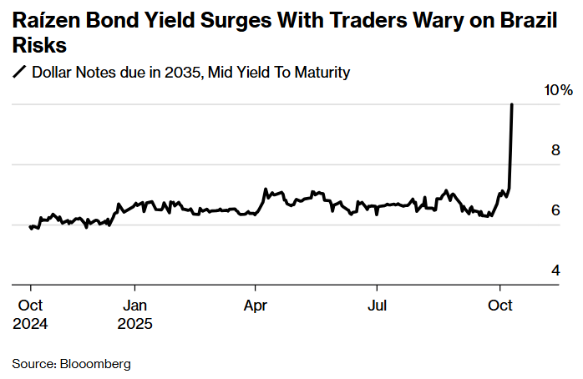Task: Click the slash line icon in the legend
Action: (20, 73)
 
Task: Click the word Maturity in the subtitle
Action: (322, 73)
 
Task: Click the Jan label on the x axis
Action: (135, 306)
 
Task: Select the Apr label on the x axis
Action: (256, 306)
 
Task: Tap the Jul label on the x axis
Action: (378, 306)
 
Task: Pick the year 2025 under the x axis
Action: (136, 323)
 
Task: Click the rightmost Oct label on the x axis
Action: (500, 306)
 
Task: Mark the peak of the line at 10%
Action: (511, 105)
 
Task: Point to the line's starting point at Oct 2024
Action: (30, 226)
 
